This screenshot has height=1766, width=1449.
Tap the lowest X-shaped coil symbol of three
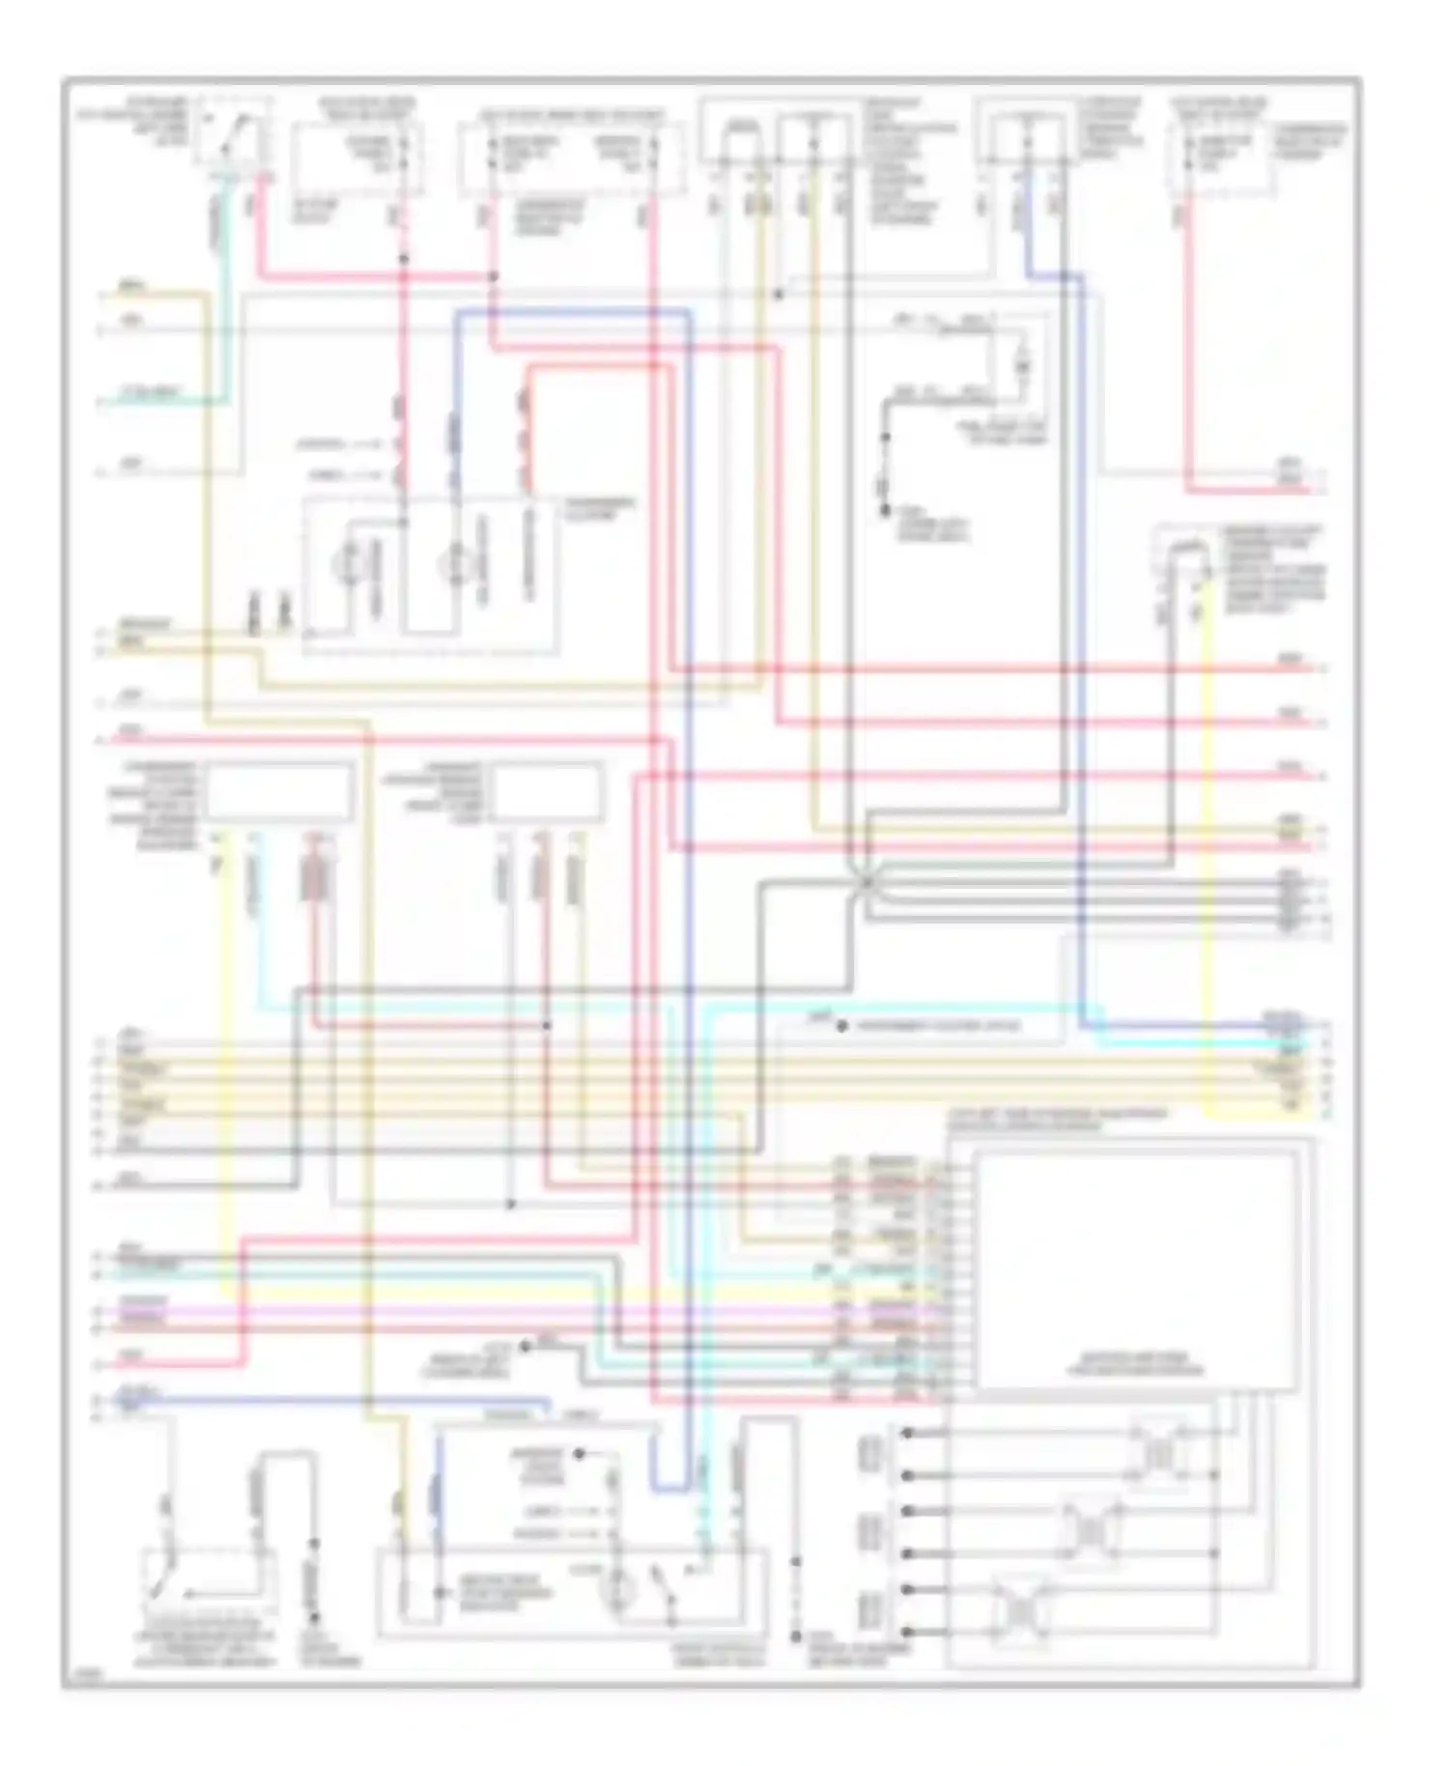pos(1021,1610)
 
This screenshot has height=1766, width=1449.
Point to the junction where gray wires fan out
pos(867,882)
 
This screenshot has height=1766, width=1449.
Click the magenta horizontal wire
pos(483,1311)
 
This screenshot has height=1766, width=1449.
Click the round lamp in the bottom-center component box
pos(616,1589)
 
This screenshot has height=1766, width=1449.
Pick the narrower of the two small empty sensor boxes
pos(548,792)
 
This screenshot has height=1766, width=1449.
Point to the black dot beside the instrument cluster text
pos(842,1026)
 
